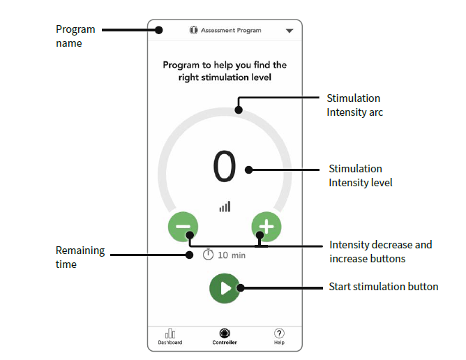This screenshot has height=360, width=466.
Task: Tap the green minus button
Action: click(183, 227)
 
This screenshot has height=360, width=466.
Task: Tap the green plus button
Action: click(266, 227)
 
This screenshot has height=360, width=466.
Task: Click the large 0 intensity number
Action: click(225, 166)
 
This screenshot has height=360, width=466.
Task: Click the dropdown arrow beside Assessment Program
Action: click(290, 31)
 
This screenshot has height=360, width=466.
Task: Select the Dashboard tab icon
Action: click(170, 333)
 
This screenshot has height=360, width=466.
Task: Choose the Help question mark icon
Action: click(279, 333)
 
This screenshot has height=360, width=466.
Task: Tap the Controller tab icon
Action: click(225, 333)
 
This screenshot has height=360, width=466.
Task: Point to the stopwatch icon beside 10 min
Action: click(208, 255)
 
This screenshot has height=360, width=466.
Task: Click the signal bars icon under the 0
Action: click(225, 207)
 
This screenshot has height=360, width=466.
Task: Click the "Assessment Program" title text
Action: click(231, 30)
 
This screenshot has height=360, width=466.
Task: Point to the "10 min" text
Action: click(232, 255)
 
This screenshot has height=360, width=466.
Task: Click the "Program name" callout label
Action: click(75, 36)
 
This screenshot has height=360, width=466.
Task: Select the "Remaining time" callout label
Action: click(80, 257)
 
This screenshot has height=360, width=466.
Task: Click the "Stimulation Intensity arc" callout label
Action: click(355, 105)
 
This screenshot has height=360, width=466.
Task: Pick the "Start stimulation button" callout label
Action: click(384, 287)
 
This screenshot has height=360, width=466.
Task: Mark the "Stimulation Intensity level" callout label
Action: click(361, 175)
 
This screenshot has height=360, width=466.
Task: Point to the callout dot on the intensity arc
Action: click(239, 110)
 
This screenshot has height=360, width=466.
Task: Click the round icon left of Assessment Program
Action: click(193, 30)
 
